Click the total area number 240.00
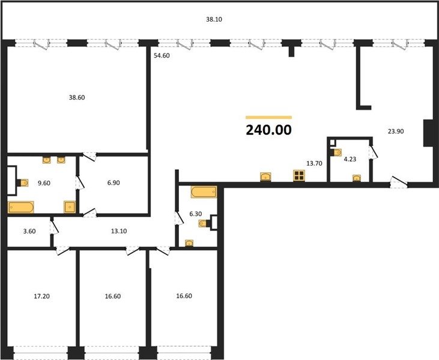point(269,130)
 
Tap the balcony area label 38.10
point(214,20)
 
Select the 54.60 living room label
point(162,56)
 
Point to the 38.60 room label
point(77,98)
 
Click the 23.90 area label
point(396,131)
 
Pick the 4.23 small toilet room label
point(350,159)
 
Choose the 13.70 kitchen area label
point(315,163)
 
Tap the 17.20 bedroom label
point(41,296)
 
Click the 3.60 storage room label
point(29,232)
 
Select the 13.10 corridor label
point(119,231)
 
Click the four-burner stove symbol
point(299,176)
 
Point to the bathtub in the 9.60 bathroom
point(21,207)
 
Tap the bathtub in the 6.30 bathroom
point(204,192)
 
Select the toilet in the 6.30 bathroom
point(204,223)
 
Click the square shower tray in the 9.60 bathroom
point(70,207)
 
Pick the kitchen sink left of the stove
point(265,177)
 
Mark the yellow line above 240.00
point(269,118)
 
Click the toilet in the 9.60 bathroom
point(22,183)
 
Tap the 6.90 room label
point(114,183)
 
